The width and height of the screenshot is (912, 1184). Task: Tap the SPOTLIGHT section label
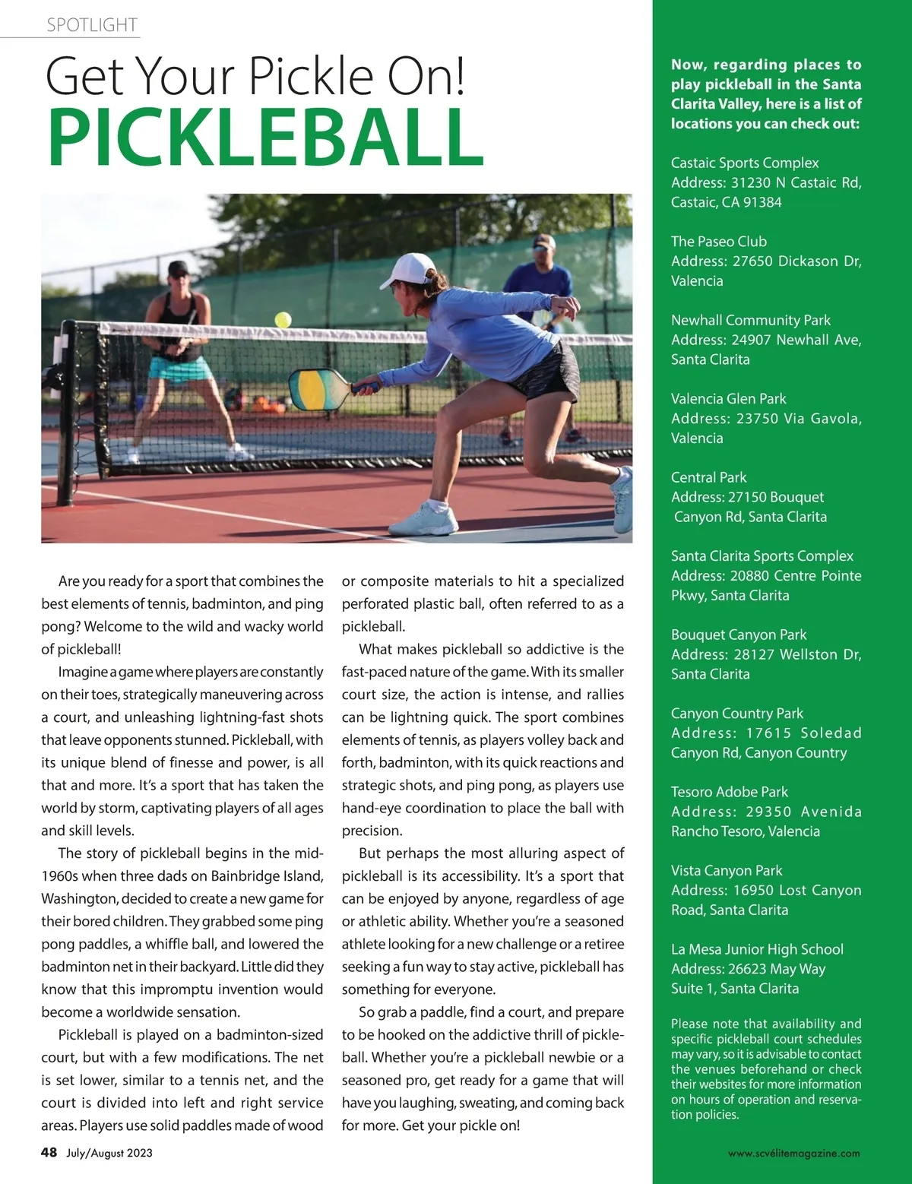coord(91,25)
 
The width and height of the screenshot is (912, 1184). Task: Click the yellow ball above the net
coord(283,319)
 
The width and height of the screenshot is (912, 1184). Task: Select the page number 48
coord(49,1152)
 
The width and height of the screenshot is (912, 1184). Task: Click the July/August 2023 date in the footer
coord(109,1153)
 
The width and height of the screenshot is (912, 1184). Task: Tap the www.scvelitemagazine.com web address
coord(793,1153)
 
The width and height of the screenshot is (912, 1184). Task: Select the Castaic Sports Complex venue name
coord(745,163)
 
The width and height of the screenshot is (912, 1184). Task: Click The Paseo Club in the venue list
coord(718,242)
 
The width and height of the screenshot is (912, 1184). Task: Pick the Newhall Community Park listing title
coord(750,320)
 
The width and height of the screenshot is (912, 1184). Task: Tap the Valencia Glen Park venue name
coord(728,398)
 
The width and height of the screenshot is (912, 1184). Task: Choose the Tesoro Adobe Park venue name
coord(729,792)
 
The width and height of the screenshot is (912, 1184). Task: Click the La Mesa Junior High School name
coord(757,949)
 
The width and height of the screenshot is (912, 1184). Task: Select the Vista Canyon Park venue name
coord(726,870)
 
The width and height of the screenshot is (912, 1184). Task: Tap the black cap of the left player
coord(179,268)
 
